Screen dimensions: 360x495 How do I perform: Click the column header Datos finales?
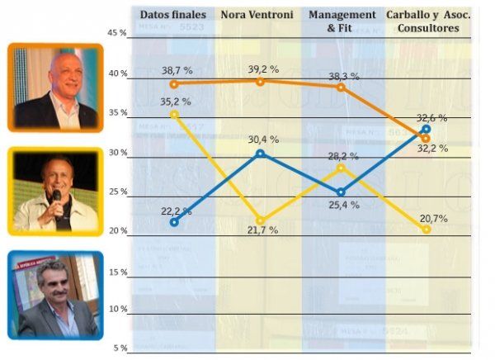[x=172, y=15]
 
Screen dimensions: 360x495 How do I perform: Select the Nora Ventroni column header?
[x=258, y=15]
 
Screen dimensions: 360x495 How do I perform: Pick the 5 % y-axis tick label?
[x=120, y=348]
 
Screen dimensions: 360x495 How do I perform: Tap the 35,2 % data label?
[x=175, y=102]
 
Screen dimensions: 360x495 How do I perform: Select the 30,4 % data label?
[x=263, y=140]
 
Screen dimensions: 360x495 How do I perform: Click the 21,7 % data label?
[x=262, y=230]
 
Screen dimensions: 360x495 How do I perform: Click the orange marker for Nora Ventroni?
[x=261, y=81]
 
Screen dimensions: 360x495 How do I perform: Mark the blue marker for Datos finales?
[x=173, y=222]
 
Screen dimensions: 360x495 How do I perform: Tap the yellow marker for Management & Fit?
[x=342, y=168]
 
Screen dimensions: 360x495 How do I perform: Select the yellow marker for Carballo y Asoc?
[x=426, y=229]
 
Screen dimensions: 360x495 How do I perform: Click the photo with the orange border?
[x=55, y=88]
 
